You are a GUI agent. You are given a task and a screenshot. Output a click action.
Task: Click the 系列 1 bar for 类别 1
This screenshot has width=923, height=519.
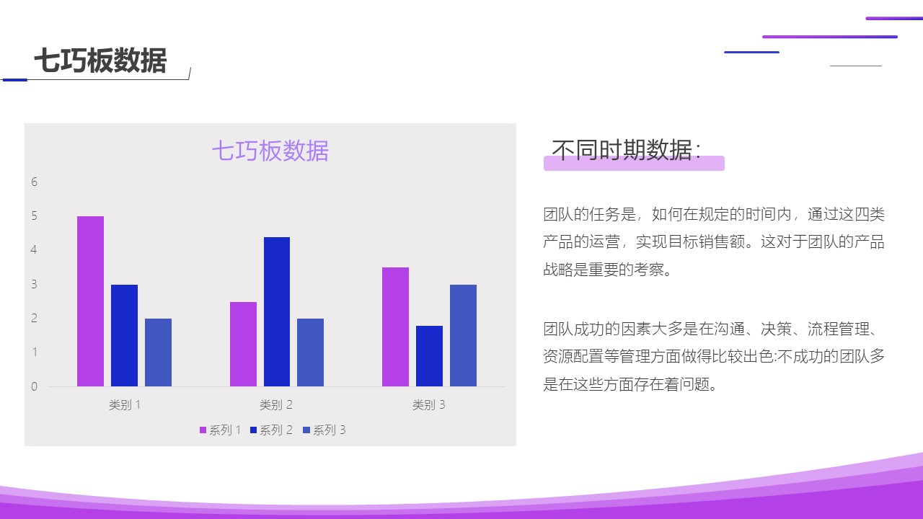click(91, 301)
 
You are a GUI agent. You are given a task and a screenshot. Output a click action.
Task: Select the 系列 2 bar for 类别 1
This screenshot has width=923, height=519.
click(125, 335)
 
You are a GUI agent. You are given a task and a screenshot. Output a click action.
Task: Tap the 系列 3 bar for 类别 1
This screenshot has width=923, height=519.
click(158, 352)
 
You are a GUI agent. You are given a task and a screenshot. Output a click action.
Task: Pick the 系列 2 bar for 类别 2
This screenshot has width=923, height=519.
click(277, 312)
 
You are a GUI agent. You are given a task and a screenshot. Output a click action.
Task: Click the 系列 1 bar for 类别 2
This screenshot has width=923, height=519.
click(243, 344)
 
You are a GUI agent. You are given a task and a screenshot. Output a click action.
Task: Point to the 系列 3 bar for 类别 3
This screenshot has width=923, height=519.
click(463, 335)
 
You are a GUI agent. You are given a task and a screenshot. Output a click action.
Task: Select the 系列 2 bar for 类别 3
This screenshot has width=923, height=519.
click(429, 356)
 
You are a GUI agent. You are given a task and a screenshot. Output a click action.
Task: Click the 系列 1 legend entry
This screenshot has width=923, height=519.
click(221, 430)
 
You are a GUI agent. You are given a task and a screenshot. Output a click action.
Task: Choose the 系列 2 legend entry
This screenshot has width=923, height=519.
click(272, 430)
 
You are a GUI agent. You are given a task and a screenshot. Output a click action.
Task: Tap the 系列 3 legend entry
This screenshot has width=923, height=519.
click(324, 430)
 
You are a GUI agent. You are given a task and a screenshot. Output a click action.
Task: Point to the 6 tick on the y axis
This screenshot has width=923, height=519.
click(34, 182)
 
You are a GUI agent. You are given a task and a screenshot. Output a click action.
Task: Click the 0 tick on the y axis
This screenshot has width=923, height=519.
click(34, 386)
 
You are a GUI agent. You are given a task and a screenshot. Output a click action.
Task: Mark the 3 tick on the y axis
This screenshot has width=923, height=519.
click(34, 284)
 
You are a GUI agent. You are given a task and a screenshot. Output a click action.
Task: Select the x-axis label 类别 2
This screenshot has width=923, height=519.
click(276, 405)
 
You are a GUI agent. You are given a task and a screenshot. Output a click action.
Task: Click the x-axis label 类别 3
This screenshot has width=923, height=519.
click(429, 405)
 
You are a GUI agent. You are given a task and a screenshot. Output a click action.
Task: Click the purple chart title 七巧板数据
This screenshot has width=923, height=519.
click(270, 151)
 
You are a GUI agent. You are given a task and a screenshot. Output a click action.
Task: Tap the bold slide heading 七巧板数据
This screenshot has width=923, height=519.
click(100, 61)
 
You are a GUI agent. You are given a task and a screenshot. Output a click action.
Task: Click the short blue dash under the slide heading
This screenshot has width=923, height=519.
click(15, 80)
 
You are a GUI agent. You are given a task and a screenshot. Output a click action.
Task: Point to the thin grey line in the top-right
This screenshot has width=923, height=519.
click(856, 66)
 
